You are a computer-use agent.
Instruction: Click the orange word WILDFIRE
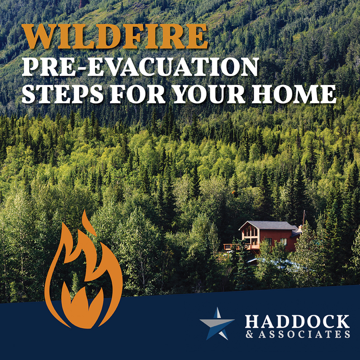coord(115,36)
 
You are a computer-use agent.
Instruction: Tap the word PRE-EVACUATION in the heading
coord(141,67)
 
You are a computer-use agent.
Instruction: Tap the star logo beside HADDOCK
coord(217,324)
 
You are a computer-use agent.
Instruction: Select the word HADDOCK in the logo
coord(297,322)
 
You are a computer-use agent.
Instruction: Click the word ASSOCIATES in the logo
coord(304,334)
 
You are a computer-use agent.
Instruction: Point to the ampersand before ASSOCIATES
coord(249,334)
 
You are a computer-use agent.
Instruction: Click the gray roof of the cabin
coord(270,226)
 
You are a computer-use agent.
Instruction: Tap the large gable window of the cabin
coord(251,232)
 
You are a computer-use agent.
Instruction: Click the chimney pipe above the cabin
coord(304,217)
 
